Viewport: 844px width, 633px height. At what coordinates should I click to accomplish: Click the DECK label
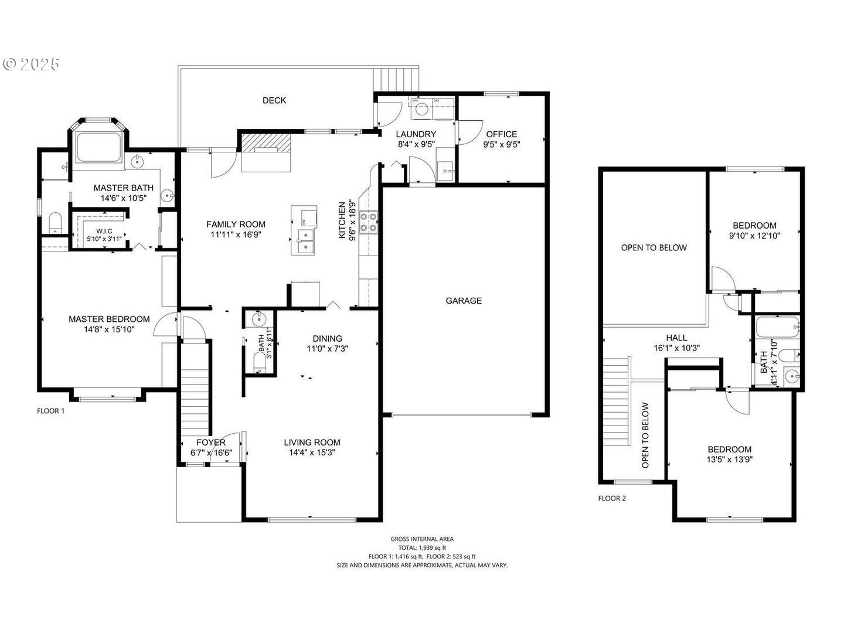(x=274, y=101)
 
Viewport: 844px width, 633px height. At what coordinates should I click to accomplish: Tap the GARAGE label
(x=464, y=301)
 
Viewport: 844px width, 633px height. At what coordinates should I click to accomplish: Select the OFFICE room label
(x=501, y=134)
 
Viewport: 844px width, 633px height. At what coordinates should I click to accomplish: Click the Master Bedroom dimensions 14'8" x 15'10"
(x=109, y=329)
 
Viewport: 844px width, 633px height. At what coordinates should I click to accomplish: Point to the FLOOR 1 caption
(x=51, y=411)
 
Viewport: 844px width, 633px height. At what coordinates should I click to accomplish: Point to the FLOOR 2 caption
(x=612, y=499)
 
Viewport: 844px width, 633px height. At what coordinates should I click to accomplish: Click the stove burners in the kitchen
(x=368, y=222)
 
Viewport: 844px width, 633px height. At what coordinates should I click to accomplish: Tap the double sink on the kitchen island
(x=305, y=241)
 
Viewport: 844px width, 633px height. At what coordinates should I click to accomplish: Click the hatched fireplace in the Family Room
(x=267, y=143)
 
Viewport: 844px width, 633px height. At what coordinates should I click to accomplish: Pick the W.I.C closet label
(x=104, y=232)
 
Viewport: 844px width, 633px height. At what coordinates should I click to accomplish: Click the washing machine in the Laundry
(x=421, y=107)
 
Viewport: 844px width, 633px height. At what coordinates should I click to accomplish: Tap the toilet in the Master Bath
(x=55, y=222)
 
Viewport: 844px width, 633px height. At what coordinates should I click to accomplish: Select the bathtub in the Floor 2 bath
(x=777, y=327)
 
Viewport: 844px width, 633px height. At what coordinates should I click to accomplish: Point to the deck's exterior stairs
(x=396, y=79)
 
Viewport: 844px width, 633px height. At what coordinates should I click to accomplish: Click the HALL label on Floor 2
(x=676, y=338)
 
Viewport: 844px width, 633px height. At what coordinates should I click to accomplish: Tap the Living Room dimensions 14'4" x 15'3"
(x=312, y=452)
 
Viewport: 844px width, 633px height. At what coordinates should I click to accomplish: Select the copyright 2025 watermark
(x=32, y=64)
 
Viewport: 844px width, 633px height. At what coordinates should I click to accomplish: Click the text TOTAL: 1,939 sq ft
(x=422, y=547)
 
